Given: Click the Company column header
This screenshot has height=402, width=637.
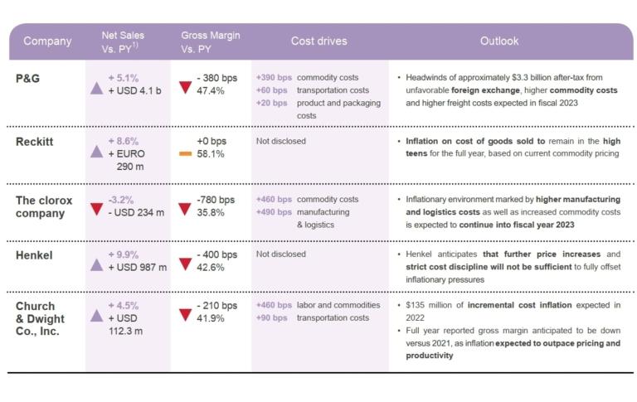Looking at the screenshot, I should click(47, 41).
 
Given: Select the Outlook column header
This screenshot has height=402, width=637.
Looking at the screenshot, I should click(498, 41).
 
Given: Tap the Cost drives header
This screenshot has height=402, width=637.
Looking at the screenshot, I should click(318, 41).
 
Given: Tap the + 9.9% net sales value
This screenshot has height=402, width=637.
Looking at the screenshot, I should click(126, 254).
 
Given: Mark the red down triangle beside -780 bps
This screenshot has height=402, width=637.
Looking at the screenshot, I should click(185, 206).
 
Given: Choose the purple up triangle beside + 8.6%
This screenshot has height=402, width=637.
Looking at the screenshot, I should click(96, 149).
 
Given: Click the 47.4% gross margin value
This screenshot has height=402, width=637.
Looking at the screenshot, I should click(211, 90).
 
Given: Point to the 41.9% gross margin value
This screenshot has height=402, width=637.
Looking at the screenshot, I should click(211, 318).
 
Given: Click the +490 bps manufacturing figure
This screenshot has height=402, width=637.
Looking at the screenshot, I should click(273, 212).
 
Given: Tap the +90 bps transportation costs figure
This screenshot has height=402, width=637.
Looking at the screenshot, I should click(271, 318).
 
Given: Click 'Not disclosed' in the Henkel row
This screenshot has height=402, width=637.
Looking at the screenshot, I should click(280, 254).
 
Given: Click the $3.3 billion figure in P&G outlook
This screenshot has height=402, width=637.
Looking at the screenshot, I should click(548, 77).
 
